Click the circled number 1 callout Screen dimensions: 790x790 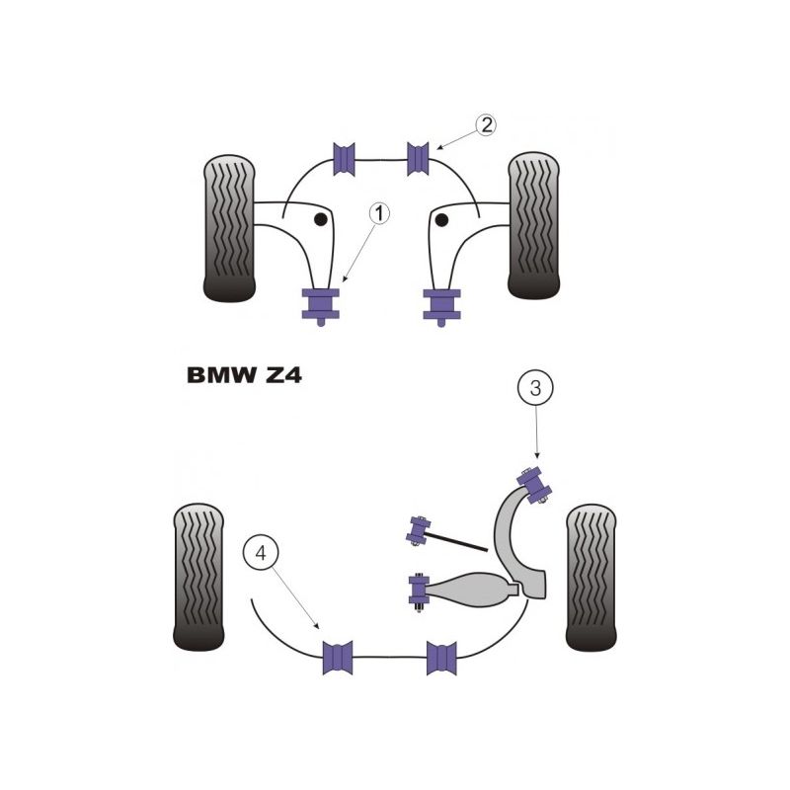tap(379, 212)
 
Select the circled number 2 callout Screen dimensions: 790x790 tap(484, 125)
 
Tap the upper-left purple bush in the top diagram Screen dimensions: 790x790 tap(346, 158)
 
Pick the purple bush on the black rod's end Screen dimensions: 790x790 tap(417, 530)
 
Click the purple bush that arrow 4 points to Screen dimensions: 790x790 tap(339, 657)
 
